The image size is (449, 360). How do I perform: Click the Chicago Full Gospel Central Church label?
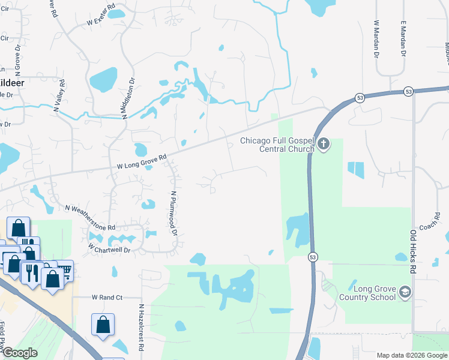(277, 145)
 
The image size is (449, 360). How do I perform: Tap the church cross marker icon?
(324, 144)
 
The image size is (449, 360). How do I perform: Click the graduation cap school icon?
(405, 292)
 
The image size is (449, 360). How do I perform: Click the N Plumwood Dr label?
(174, 213)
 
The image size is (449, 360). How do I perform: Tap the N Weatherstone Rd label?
(91, 217)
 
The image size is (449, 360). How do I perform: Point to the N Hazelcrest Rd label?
(141, 327)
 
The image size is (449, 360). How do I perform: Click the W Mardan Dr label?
(376, 38)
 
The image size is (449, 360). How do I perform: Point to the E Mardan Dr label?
(403, 38)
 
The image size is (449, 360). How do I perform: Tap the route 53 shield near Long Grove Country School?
(313, 257)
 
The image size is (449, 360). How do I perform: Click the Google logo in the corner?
(19, 353)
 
